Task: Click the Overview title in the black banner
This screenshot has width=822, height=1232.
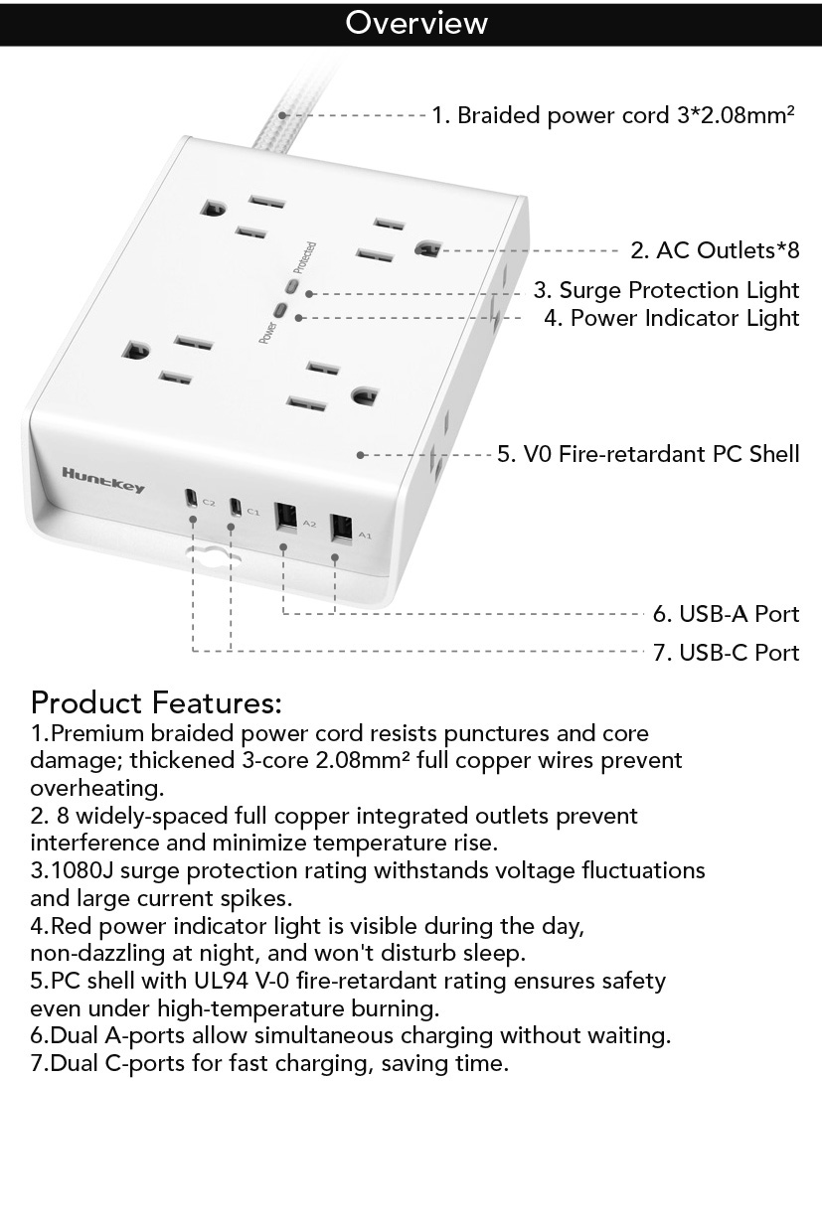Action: (x=416, y=23)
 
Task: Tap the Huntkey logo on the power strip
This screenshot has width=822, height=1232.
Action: (x=103, y=480)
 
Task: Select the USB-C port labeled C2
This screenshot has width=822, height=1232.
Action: (x=192, y=497)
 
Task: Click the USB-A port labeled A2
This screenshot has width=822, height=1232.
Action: (x=285, y=517)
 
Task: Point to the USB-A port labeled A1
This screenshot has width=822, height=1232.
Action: (x=341, y=530)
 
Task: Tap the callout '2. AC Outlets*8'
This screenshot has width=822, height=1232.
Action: (x=715, y=250)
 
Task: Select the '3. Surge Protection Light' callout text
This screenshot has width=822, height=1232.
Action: (x=666, y=290)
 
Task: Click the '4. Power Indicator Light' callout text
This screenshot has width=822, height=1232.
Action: (x=672, y=318)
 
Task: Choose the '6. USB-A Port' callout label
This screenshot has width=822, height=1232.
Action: (x=727, y=614)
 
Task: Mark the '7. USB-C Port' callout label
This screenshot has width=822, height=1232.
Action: (x=727, y=653)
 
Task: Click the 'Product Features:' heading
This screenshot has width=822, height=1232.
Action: (x=156, y=702)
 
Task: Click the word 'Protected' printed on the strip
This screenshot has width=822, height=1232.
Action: (x=304, y=257)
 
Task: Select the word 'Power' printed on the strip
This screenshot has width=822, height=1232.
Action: (x=268, y=333)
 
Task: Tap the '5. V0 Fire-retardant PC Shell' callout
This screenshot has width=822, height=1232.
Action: (x=648, y=454)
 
